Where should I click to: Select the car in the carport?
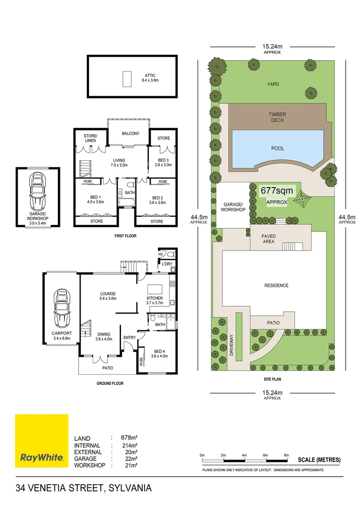click(x=62, y=308)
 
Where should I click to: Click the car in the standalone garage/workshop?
click(x=38, y=191)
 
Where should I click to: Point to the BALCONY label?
click(x=131, y=133)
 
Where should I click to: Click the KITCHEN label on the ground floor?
click(x=155, y=298)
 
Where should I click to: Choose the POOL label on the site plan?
click(x=278, y=148)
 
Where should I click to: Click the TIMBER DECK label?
click(x=278, y=117)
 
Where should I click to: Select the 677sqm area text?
click(x=277, y=191)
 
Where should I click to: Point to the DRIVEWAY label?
click(x=231, y=345)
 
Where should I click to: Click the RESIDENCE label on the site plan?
click(x=276, y=285)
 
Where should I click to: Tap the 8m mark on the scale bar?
click(x=286, y=454)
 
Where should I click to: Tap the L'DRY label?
click(x=167, y=263)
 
